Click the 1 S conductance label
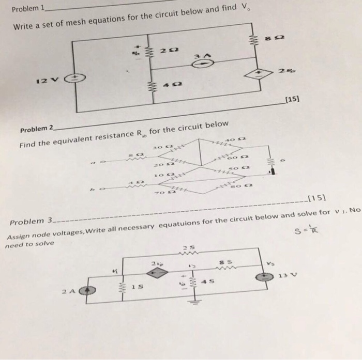coord(137,286)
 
